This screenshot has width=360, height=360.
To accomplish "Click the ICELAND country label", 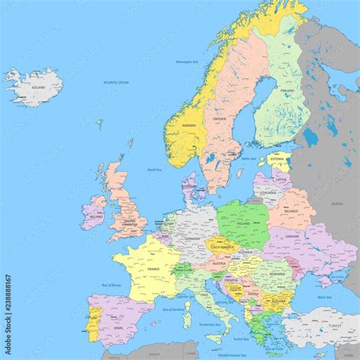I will (28, 88).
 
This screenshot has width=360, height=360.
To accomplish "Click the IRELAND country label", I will (95, 216).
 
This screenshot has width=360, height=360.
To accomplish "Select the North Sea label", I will (155, 170).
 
